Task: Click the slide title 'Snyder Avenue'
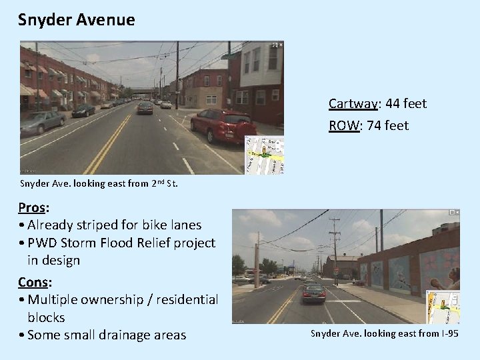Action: (x=77, y=20)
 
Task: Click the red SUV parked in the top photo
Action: (x=223, y=125)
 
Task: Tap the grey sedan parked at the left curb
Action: (x=43, y=122)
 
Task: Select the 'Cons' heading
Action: (x=32, y=281)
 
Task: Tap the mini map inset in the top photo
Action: (x=264, y=155)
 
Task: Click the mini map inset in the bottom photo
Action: (x=443, y=307)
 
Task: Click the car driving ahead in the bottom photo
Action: (x=313, y=292)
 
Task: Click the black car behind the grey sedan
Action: (x=84, y=110)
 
